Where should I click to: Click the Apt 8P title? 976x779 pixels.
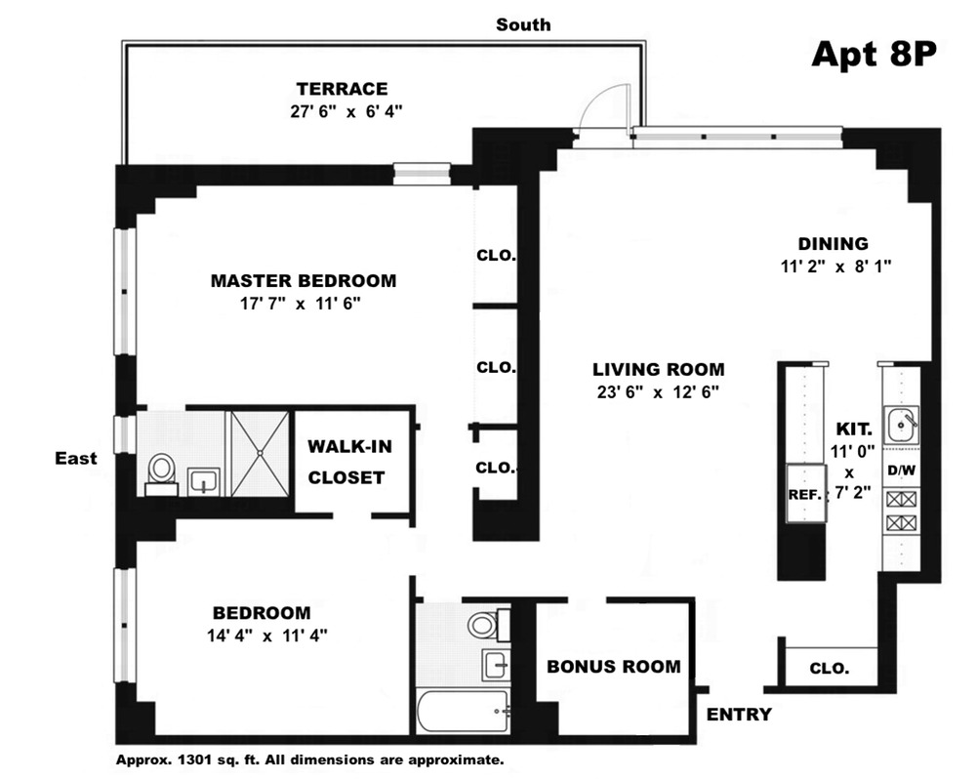point(874,54)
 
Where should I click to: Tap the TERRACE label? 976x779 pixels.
point(342,89)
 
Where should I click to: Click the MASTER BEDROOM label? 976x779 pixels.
point(304,281)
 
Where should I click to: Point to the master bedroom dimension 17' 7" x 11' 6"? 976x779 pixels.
point(301,304)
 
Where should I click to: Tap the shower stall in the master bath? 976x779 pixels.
point(261,453)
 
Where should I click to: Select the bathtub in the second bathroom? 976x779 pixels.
point(464,712)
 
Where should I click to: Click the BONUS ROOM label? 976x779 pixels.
point(614,667)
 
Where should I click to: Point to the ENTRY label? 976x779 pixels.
point(739,715)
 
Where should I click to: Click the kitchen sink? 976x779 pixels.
point(901,425)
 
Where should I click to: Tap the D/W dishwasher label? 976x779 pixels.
point(901,471)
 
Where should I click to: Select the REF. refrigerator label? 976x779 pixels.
point(805,496)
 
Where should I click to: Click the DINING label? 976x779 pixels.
point(833,243)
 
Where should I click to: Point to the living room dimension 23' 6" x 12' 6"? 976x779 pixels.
point(659,392)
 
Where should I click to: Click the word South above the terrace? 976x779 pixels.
point(523,25)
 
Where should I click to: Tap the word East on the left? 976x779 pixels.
point(76,458)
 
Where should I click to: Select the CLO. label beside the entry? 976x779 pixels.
point(829,669)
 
